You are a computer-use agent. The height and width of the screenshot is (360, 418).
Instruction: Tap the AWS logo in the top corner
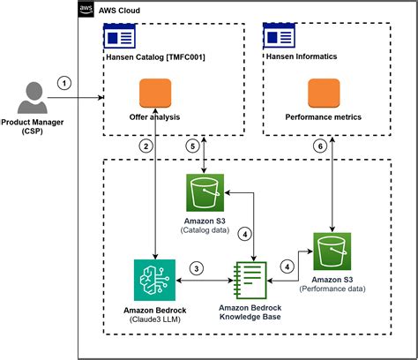coord(86,10)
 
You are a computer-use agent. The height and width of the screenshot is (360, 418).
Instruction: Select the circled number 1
coord(63,84)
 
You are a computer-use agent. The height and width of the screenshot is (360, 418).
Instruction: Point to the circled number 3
coord(198,268)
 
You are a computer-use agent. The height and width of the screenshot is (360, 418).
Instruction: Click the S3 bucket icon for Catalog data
coord(205,192)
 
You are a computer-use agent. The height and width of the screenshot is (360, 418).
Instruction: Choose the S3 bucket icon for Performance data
coord(332,251)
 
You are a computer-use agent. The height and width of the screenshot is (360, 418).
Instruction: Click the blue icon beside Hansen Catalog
coord(118,37)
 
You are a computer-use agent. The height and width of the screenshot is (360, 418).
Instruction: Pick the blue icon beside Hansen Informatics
coord(278,37)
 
